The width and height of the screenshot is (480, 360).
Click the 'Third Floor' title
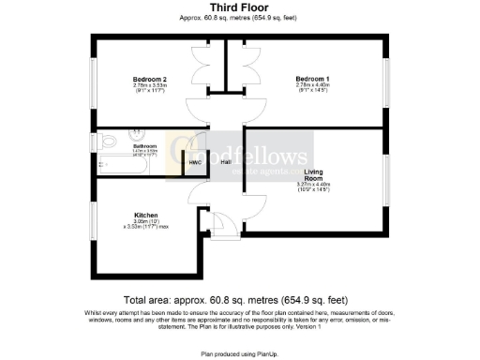(239, 7)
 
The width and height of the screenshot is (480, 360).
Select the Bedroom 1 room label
(312, 78)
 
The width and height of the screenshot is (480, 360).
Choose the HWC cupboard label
(195, 162)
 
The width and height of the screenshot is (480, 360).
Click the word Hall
(226, 162)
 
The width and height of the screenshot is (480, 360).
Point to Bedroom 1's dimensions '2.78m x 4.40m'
(312, 87)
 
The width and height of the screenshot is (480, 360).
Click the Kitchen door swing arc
(198, 193)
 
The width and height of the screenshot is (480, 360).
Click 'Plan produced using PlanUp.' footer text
(239, 354)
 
